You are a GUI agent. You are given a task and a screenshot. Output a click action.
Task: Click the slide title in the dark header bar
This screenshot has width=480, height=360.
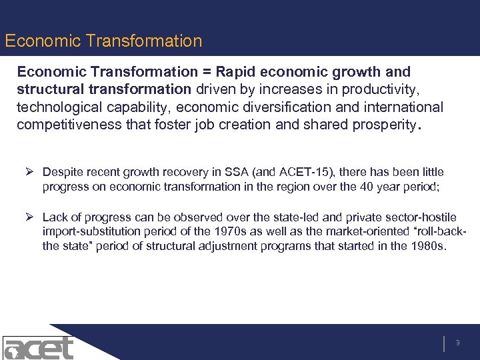click(103, 41)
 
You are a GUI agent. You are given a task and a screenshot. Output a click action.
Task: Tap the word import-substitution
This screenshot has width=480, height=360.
click(89, 232)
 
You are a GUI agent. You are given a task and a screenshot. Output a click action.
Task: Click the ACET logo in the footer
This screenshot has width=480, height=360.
click(37, 347)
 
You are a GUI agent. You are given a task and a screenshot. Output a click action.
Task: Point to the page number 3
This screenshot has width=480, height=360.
click(458, 343)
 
